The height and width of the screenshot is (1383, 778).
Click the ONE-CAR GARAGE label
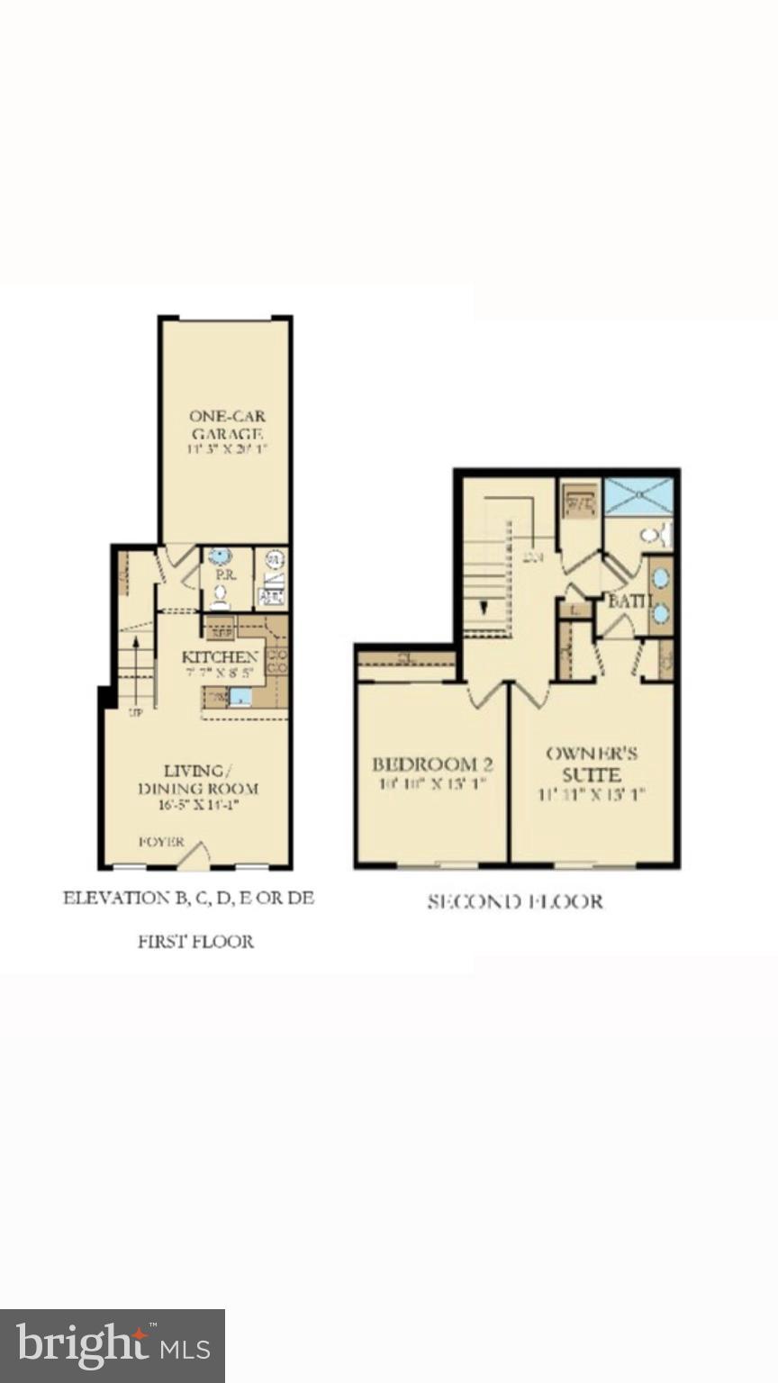pos(227,424)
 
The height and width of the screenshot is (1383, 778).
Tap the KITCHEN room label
pos(220,657)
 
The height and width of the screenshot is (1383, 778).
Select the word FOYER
pos(162,842)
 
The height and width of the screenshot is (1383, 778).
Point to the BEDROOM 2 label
pos(432,764)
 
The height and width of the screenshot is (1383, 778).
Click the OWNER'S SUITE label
pos(592,764)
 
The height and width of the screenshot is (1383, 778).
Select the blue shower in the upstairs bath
pos(638,496)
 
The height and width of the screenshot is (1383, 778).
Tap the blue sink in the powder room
pos(219,556)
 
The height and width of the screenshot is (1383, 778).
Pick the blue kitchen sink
pos(240,696)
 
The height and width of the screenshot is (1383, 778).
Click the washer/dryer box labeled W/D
pos(580,502)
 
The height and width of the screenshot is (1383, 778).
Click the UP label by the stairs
pos(136,712)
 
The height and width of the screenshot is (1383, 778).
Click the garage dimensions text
pos(227,447)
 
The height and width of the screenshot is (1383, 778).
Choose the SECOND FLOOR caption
pos(515,901)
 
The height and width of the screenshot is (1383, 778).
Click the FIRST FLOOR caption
pos(195,942)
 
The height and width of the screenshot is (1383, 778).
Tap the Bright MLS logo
pos(113,1346)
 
